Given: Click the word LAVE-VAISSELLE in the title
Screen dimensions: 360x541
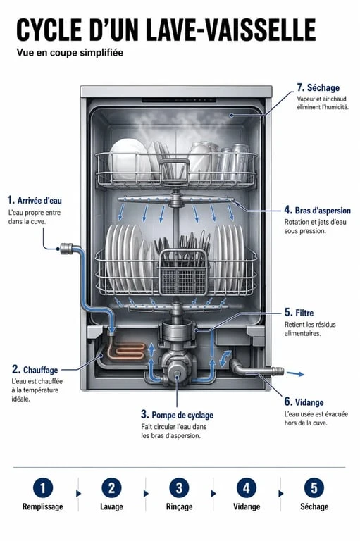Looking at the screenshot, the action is (230, 30).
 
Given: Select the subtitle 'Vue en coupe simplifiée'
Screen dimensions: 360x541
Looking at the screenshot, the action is (70, 52).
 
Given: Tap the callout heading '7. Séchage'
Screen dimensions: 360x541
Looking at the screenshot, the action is (318, 87).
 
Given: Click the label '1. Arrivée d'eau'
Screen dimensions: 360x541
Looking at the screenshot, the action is (35, 200).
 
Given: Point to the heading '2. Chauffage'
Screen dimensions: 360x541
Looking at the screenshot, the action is (35, 370).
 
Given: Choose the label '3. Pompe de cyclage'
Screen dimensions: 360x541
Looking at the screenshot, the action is (177, 414).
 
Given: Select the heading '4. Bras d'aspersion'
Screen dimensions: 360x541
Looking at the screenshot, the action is (317, 210).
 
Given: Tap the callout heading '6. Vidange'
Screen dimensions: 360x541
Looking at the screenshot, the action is (304, 402).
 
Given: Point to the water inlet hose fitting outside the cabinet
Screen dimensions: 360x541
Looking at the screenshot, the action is (66, 248).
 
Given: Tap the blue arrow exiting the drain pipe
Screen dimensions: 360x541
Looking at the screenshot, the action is (295, 373).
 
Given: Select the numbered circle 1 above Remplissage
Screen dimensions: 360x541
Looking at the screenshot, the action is (43, 488).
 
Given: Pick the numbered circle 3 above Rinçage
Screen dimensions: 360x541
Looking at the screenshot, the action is (179, 488).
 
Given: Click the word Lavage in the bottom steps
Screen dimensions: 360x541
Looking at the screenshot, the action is (111, 506).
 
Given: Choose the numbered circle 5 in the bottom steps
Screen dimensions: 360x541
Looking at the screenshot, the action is (314, 488).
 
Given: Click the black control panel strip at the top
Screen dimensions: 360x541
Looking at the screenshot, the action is (179, 100).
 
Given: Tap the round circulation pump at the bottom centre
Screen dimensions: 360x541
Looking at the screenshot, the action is (178, 373).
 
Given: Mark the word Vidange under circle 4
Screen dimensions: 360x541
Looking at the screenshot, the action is (247, 506).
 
